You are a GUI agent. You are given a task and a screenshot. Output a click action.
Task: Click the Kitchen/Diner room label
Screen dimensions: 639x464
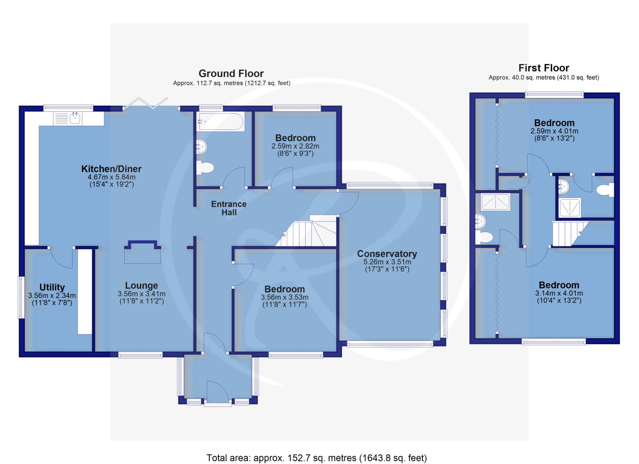(111, 169)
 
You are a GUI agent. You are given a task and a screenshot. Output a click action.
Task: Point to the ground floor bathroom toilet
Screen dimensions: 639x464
(205, 168)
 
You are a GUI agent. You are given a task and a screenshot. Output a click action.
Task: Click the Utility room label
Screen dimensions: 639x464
(52, 287)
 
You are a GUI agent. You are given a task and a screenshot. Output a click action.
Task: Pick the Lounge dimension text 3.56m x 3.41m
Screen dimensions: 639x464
(142, 294)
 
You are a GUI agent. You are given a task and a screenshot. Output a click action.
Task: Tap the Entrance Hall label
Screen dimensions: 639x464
(229, 208)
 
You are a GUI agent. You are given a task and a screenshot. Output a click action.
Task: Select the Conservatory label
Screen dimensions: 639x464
(387, 254)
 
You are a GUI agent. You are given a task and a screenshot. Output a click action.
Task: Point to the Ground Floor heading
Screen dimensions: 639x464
(231, 74)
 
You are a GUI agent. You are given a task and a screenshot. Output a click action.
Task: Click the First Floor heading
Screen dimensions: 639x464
(544, 68)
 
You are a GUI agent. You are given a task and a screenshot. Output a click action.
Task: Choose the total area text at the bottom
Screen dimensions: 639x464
(317, 458)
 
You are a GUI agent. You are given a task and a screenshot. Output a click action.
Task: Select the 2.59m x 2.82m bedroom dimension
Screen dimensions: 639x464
(295, 146)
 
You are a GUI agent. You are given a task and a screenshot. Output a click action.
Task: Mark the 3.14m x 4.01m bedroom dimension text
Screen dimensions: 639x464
(559, 293)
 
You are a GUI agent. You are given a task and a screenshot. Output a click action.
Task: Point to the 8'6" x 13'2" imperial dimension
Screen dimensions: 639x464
(554, 138)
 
